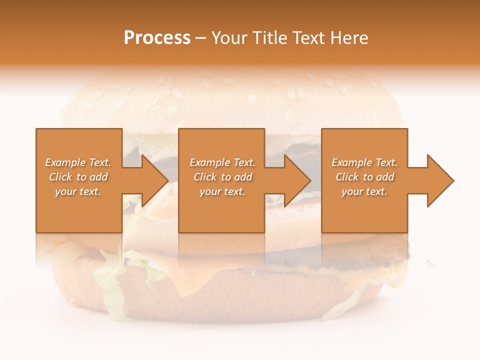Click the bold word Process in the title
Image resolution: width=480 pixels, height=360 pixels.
(x=157, y=38)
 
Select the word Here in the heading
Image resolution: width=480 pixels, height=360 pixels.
(x=348, y=38)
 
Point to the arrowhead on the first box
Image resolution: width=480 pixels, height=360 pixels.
(x=152, y=180)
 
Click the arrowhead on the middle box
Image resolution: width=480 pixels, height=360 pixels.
(x=295, y=180)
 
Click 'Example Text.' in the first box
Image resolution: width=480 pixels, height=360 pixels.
(x=78, y=162)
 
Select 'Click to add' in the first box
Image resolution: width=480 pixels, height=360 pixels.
(x=78, y=177)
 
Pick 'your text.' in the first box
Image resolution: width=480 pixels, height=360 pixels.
(x=78, y=191)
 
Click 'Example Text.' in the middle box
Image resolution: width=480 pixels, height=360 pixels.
(x=222, y=162)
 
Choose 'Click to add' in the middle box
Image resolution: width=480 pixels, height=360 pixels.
(x=222, y=177)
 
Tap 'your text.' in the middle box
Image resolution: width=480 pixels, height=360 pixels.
(x=222, y=191)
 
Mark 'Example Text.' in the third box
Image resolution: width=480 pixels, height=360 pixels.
(x=364, y=162)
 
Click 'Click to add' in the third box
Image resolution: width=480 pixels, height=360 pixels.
(x=364, y=177)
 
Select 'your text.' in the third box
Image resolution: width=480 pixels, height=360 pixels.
(x=364, y=191)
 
